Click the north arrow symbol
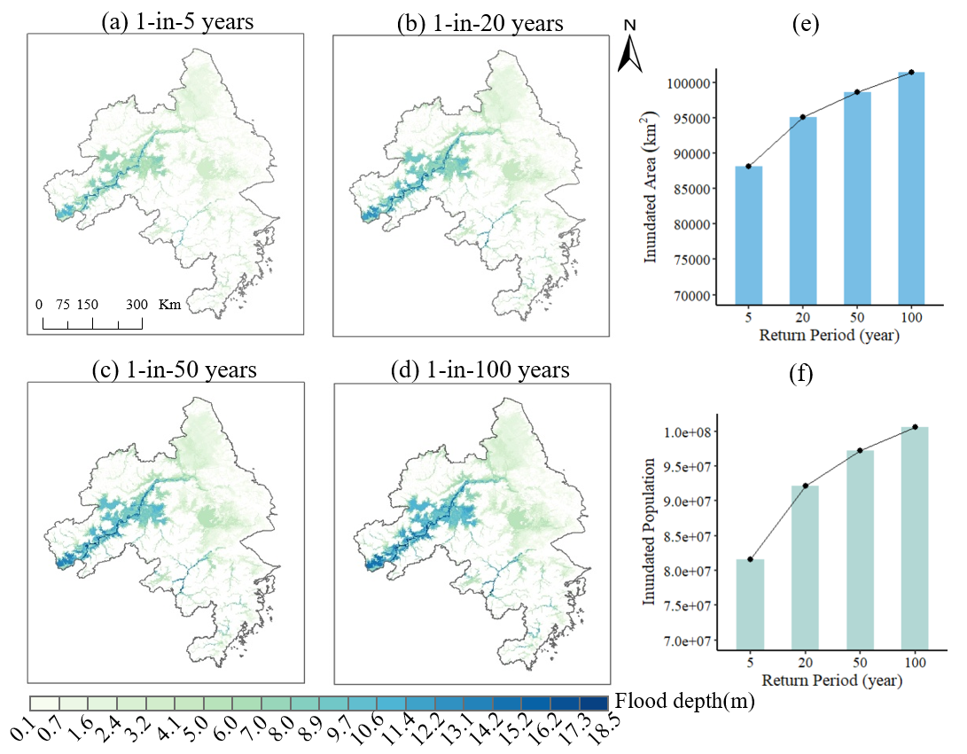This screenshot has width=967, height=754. point(629,49)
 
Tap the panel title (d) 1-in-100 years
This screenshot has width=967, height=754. point(480,369)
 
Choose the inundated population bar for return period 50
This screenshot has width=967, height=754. point(860,549)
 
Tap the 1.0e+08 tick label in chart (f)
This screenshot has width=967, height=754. point(692,432)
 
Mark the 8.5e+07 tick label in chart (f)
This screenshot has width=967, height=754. point(692,536)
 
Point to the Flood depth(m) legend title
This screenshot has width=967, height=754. point(681,703)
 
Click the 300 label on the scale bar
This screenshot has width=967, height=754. point(136,304)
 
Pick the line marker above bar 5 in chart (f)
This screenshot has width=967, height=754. point(751,559)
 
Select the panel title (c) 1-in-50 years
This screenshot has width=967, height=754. point(174,369)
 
